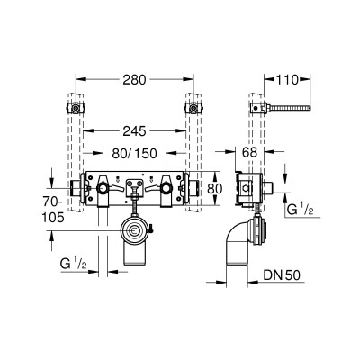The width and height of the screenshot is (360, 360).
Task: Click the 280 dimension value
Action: pos(134,80)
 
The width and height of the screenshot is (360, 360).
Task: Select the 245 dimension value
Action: pos(134,131)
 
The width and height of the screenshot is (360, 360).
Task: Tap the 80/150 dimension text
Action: pos(134,154)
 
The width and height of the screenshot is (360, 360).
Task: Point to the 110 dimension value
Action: pos(287,80)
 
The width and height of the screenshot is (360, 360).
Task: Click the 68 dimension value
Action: pos(249,153)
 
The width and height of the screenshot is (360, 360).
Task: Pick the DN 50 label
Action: pos(282,275)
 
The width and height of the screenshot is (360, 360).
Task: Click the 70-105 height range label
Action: pos(53,210)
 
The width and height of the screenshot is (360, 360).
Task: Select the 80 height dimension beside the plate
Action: pos(215,189)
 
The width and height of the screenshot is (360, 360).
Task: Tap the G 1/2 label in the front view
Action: pos(74,264)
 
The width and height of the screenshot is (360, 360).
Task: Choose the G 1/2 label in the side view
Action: pos(301,210)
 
